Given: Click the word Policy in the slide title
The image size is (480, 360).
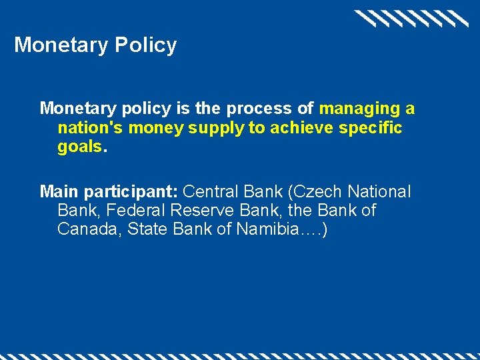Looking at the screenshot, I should [x=145, y=45].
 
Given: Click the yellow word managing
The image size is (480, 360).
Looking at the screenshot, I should [x=359, y=109].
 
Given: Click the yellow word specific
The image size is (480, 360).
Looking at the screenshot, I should [x=371, y=128].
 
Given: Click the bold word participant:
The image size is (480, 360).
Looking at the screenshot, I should [x=128, y=192].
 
